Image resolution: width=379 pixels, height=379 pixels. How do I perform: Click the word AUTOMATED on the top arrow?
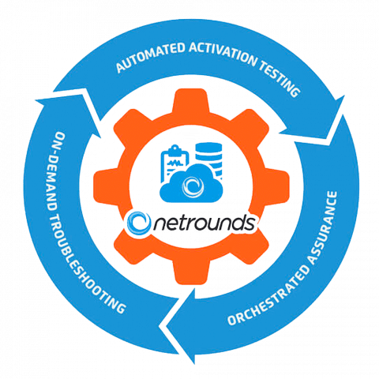150,57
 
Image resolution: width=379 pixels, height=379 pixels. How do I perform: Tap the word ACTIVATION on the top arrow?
223,54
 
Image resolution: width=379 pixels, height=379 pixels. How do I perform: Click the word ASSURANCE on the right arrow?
324,227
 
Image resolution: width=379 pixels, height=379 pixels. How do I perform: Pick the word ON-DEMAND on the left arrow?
56,171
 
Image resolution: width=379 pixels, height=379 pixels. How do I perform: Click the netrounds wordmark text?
205,223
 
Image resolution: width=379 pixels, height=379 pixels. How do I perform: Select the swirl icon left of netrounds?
139,223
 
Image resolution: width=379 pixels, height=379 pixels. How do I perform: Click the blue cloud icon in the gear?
191,183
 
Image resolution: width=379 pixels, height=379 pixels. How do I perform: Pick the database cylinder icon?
208,158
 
